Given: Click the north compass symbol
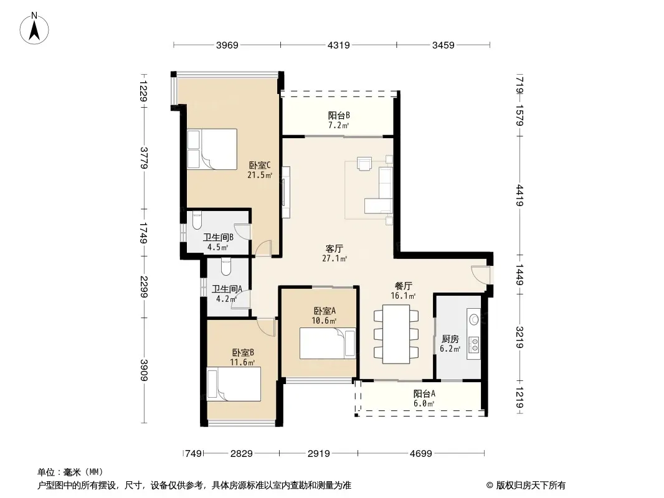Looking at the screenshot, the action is (x=34, y=28).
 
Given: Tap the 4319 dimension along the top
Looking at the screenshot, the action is (x=339, y=45).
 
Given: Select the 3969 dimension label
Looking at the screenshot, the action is (x=227, y=45).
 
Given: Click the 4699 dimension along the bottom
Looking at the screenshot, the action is (x=421, y=454).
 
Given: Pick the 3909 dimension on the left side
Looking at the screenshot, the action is (x=144, y=370).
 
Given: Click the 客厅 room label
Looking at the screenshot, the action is (x=334, y=248).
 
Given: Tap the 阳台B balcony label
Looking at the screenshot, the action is (x=339, y=116).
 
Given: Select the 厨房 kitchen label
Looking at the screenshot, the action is (x=450, y=339).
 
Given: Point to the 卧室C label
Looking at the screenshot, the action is (x=260, y=165).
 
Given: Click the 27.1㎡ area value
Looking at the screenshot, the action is (x=334, y=258).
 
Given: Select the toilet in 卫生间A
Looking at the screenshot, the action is (x=225, y=266).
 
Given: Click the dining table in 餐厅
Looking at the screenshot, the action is (x=396, y=334).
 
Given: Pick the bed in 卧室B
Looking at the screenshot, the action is (x=234, y=384).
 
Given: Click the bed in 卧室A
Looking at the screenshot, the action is (x=328, y=344).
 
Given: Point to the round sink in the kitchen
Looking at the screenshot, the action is (x=474, y=319).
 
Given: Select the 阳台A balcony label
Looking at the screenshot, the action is (x=424, y=394).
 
